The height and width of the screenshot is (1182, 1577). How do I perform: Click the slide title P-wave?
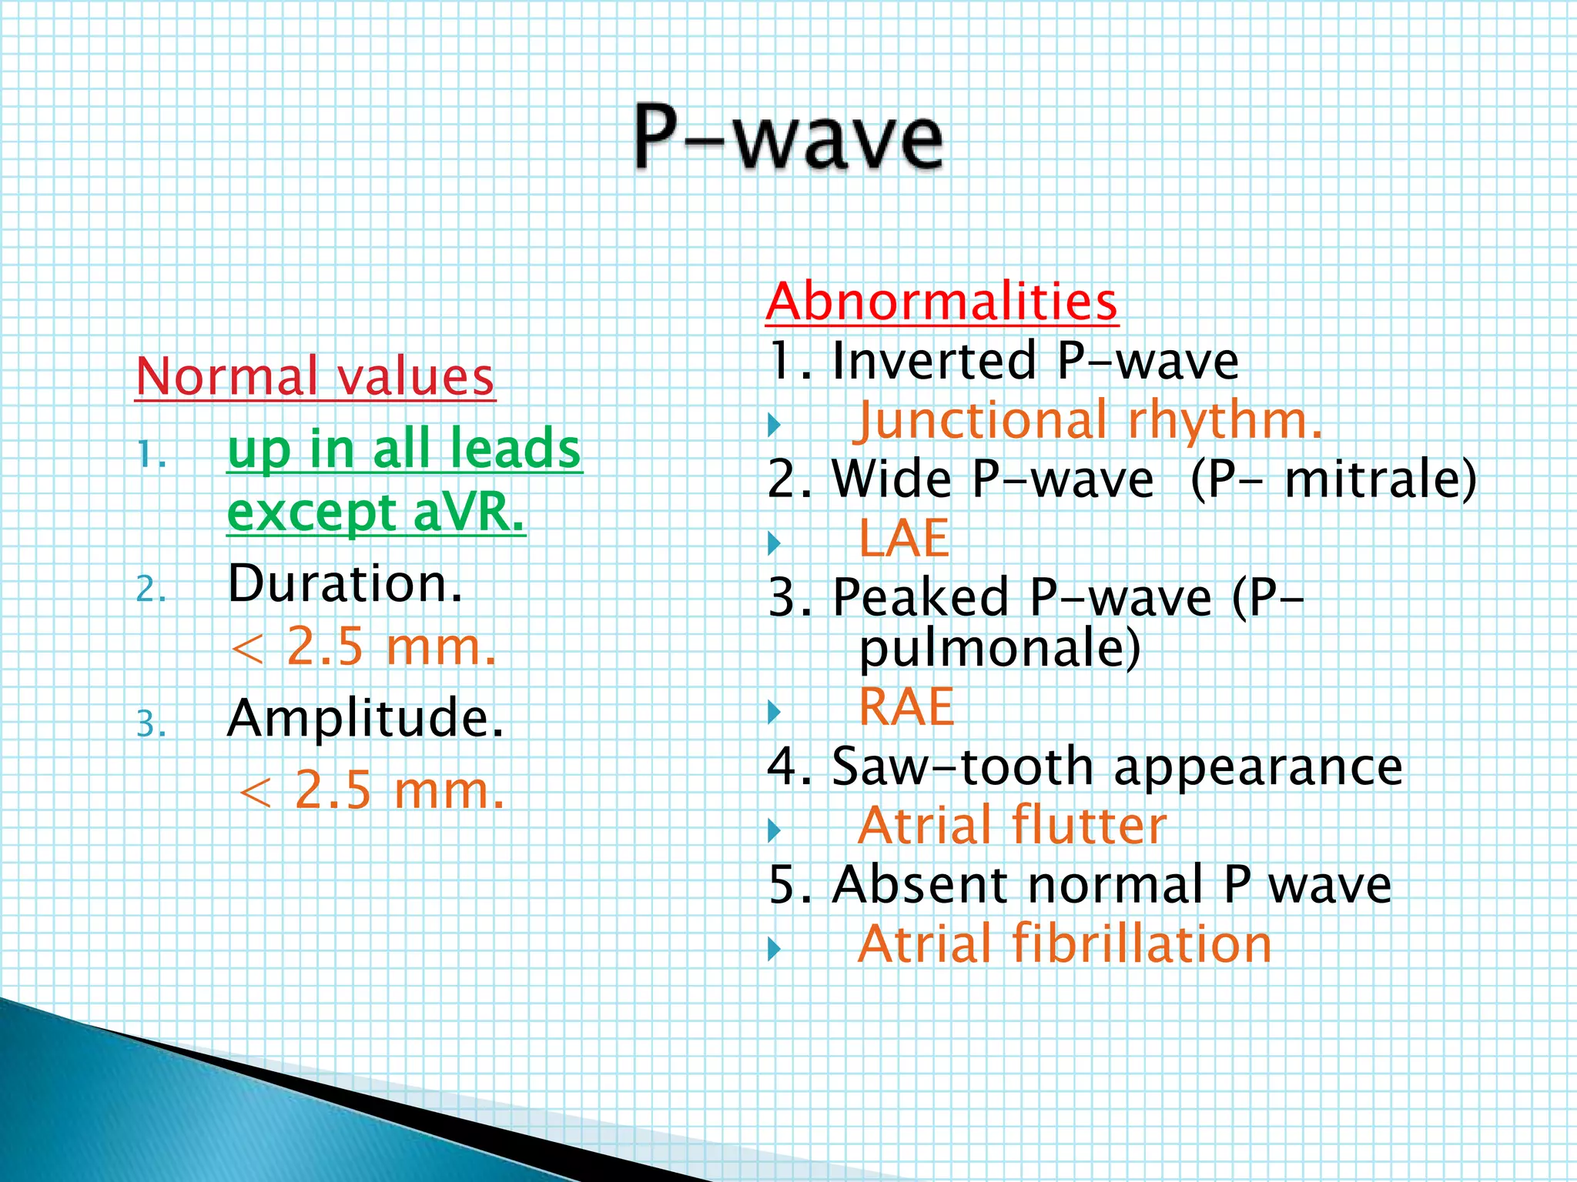coord(788,139)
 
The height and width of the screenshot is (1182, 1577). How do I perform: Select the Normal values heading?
coord(314,376)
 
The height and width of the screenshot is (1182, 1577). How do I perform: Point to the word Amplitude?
coord(365,718)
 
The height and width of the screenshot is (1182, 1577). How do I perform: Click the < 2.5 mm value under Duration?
coord(363,647)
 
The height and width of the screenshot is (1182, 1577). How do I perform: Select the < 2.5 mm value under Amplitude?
coord(371,790)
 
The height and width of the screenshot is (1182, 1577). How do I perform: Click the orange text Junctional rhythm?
coord(1090,421)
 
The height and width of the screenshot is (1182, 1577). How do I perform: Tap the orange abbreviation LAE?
coord(903,538)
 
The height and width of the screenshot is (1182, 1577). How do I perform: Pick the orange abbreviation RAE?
coord(906,706)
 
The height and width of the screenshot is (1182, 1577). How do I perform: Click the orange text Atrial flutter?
coord(1012,826)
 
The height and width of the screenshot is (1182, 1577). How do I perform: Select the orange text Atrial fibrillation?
coord(1064,944)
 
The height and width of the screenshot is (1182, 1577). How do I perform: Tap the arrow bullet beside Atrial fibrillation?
coord(775,949)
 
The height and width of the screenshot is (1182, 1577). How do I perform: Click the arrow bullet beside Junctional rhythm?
coord(775,425)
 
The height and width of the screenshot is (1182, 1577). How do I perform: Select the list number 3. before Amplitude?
coord(151,725)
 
